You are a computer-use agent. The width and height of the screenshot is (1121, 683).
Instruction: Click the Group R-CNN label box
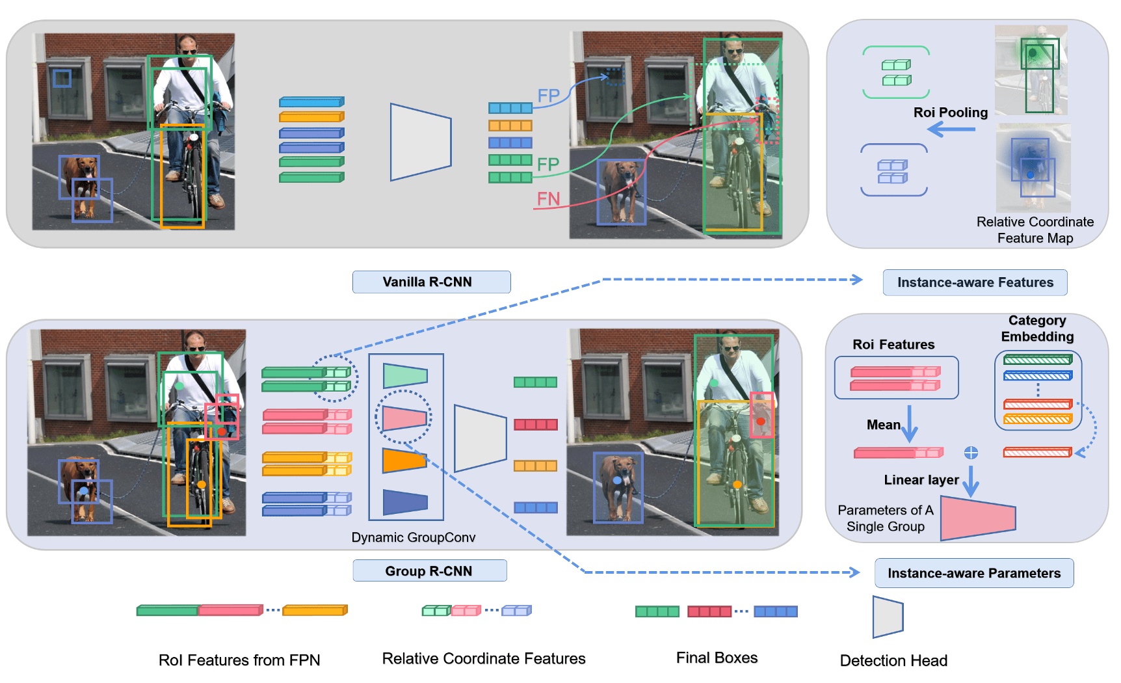pos(429,571)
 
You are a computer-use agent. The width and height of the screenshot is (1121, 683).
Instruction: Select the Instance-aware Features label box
pos(974,283)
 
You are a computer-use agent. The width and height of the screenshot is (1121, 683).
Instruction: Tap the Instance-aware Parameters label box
pos(973,573)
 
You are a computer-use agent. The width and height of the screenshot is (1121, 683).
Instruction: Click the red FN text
pos(548,198)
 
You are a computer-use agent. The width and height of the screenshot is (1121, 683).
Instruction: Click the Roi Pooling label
pos(950,113)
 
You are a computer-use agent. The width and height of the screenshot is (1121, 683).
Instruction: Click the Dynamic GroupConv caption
pos(413,537)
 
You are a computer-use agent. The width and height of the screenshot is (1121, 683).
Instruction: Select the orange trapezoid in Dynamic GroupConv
pos(403,461)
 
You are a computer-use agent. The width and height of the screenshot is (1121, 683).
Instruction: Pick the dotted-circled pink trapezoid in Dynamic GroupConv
pos(404,418)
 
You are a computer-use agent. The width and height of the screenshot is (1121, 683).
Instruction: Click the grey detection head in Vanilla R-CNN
pos(420,141)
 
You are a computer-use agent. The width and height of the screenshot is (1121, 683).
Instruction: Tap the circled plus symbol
pos(970,453)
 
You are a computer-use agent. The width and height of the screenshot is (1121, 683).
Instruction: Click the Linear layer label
pos(921,480)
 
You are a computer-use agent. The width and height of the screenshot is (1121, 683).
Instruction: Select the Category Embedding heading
pos(1036,328)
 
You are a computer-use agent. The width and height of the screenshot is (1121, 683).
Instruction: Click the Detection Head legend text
pos(893,661)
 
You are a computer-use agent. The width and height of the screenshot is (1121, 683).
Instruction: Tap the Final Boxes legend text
pos(717,658)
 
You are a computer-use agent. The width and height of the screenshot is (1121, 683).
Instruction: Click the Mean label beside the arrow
pos(883,425)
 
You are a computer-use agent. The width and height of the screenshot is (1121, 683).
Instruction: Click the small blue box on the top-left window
pos(62,78)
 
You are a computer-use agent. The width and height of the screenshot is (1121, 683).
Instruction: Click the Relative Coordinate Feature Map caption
pos(1035,230)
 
